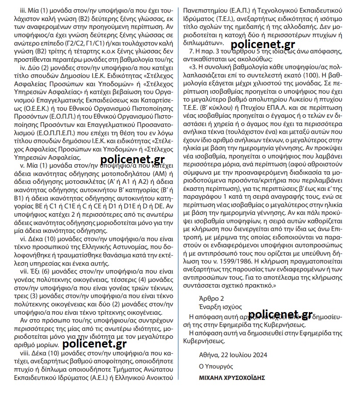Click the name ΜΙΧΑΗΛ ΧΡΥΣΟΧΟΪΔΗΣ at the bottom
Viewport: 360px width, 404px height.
coord(232,378)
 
